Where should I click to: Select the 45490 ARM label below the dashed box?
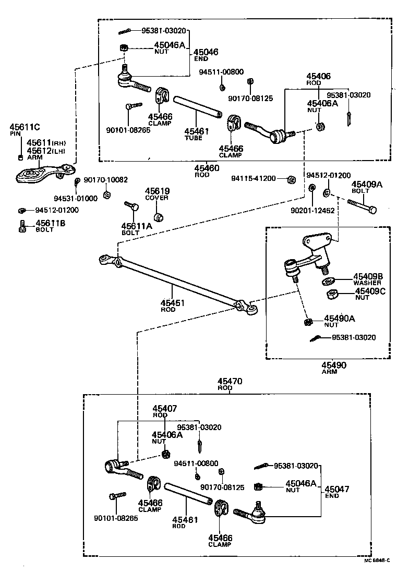(333, 368)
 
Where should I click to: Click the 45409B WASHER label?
(368, 279)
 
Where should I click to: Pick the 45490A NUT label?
(339, 321)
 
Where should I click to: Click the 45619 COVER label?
(157, 194)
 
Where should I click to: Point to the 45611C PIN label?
(24, 130)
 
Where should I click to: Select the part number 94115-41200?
(254, 178)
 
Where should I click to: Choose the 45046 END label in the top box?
(206, 55)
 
